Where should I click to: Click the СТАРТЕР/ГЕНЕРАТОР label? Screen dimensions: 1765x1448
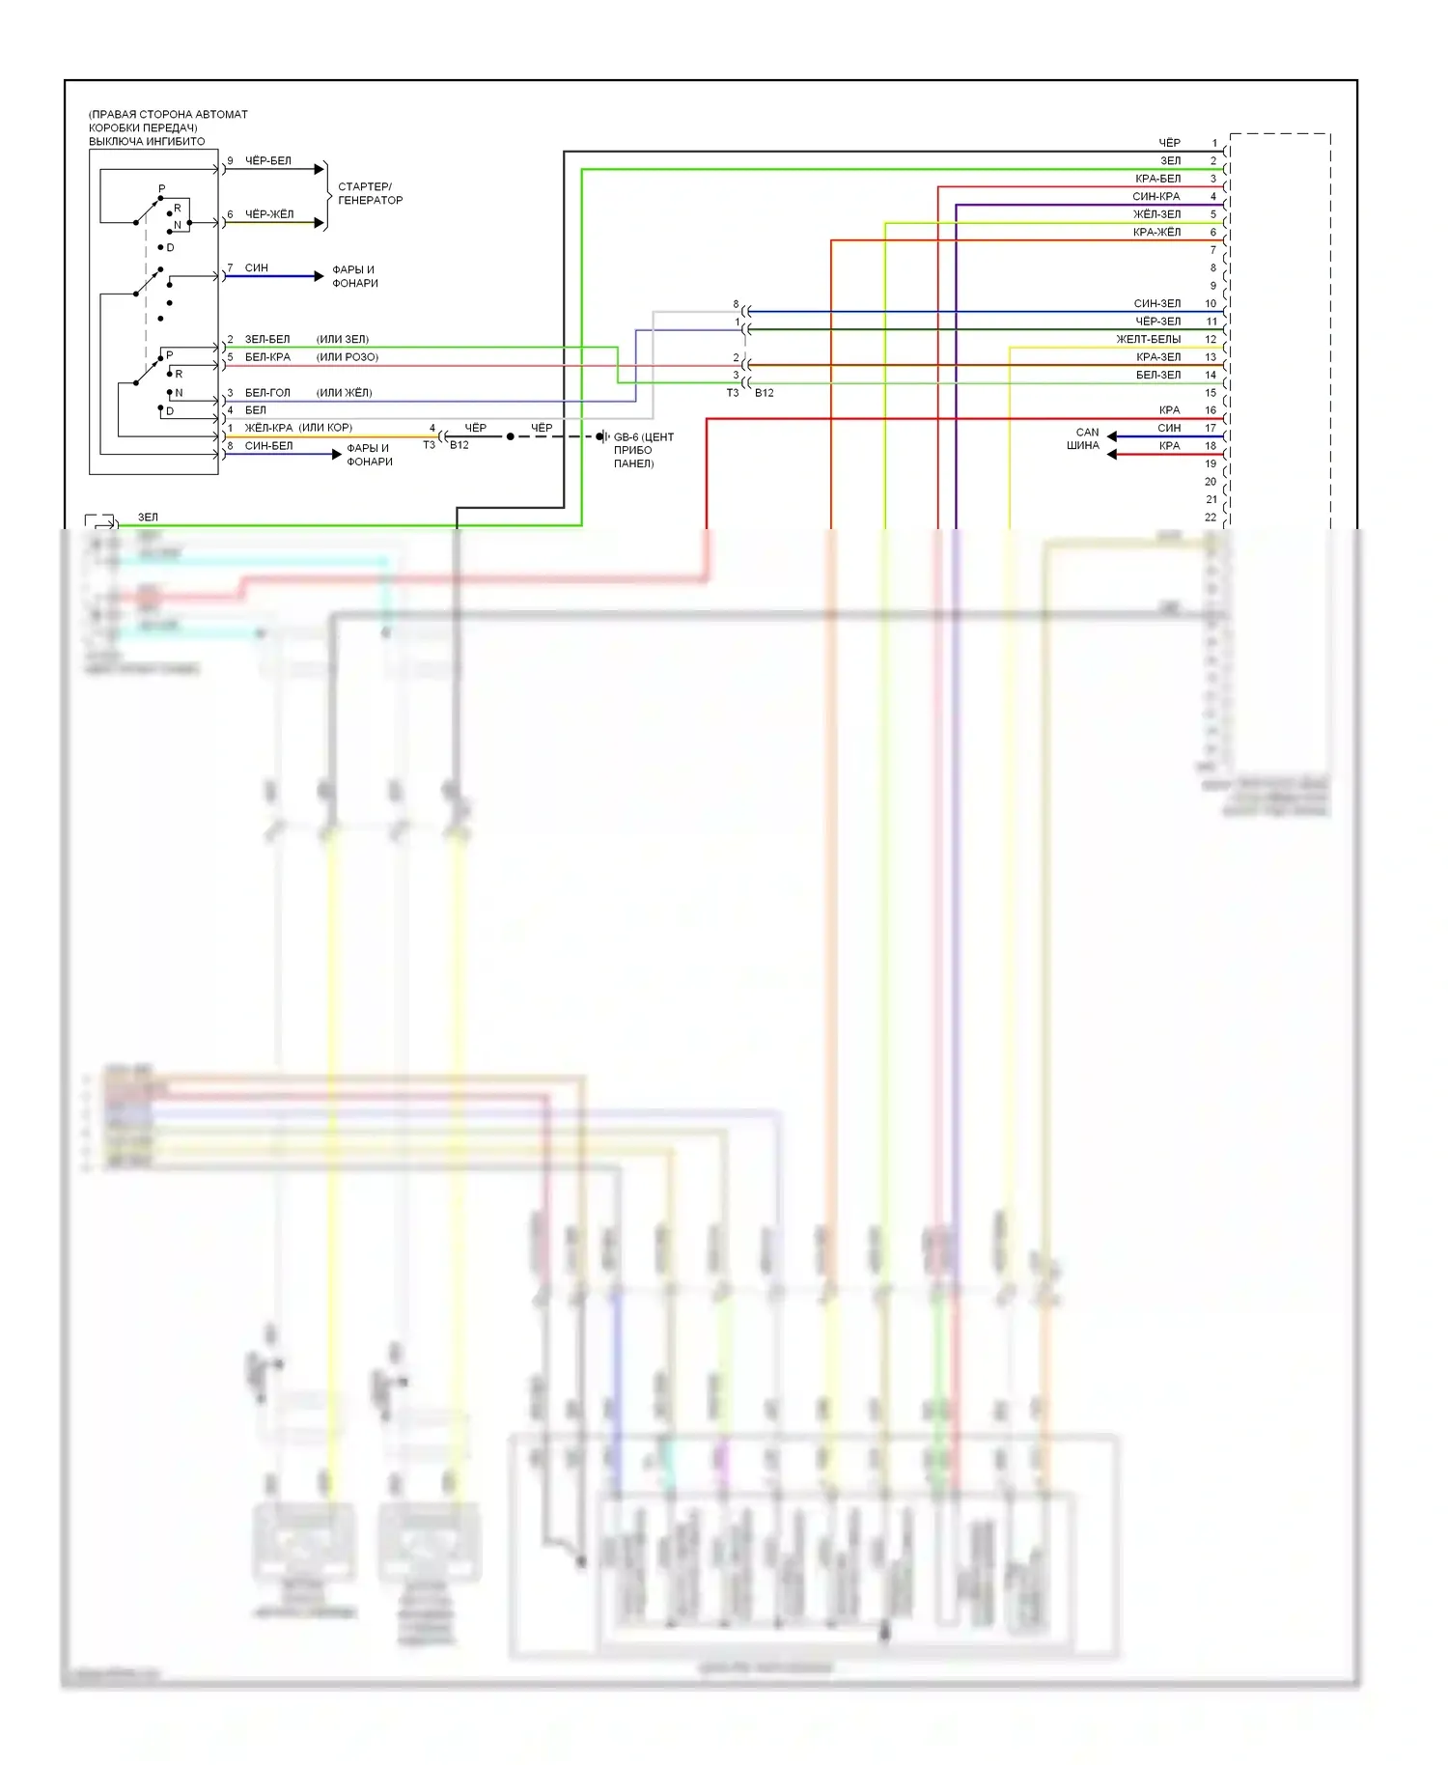(x=370, y=193)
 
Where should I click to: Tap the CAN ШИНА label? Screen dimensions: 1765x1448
(x=1084, y=439)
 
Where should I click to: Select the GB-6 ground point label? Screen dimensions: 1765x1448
(x=643, y=450)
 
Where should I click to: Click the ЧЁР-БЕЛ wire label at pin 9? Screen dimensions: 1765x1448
(x=267, y=161)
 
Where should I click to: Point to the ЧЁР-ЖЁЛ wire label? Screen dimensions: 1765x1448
(x=268, y=214)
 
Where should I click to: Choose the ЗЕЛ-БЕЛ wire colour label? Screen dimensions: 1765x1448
(x=266, y=340)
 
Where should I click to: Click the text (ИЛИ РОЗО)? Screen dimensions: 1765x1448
(x=348, y=357)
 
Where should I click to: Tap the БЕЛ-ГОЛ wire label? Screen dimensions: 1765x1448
(x=266, y=393)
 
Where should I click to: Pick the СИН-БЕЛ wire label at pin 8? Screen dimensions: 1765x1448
(x=268, y=446)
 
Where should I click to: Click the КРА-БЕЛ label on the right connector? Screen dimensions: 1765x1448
(x=1157, y=179)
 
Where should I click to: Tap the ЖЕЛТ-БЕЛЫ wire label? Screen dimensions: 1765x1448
(x=1148, y=340)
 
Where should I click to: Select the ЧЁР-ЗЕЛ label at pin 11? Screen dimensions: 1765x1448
(x=1157, y=322)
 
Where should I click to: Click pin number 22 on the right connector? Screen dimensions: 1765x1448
(x=1211, y=518)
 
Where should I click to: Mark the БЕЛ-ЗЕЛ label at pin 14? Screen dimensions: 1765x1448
(x=1157, y=376)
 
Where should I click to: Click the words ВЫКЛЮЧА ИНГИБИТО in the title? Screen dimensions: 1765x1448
(x=147, y=142)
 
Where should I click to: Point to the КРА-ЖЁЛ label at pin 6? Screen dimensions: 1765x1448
(x=1156, y=233)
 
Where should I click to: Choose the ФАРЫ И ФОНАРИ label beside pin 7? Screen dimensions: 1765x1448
(x=354, y=276)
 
